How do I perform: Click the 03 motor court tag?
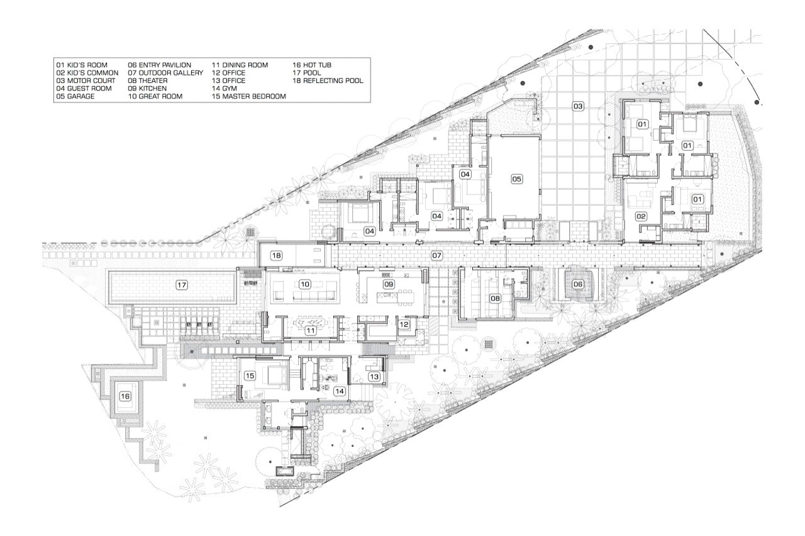577,106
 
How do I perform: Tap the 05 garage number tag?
516,179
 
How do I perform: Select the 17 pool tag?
182,285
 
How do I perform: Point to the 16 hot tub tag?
125,397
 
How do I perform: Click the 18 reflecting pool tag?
276,256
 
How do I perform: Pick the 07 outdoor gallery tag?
436,256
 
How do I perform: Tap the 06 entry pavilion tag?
577,284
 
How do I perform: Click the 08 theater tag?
495,298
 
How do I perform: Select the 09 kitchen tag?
389,284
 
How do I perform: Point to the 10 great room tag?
305,284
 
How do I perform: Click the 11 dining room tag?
310,331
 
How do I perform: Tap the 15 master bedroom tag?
250,376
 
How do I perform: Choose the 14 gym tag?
339,391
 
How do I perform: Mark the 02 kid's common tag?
641,217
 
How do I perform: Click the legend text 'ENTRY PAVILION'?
165,65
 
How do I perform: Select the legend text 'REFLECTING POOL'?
333,81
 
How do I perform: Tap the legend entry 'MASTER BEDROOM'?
254,96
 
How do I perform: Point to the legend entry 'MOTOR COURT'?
91,81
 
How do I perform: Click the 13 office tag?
374,376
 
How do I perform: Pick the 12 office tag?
404,324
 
